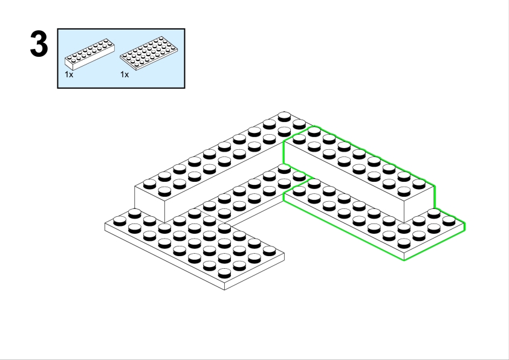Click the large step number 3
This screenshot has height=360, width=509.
coord(39,43)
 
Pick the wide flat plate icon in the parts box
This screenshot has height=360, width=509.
coord(149,53)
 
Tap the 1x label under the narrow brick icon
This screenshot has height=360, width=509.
coord(69,74)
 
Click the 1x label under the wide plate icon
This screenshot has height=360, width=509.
coord(125,74)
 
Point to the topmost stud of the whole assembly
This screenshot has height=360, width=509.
coord(284,117)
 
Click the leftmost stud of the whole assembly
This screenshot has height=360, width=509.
coord(120,221)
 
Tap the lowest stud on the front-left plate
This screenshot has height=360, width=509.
coord(224,274)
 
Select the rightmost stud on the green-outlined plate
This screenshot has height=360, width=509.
coord(449,221)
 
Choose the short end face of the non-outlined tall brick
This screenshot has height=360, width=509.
coord(150,204)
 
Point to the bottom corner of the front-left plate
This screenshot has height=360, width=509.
coord(224,289)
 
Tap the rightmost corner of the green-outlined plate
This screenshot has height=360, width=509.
coord(465,223)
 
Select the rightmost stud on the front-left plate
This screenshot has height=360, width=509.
coord(270,251)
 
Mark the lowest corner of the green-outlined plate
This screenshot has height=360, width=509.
coord(404,260)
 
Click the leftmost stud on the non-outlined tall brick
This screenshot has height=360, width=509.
coord(149,184)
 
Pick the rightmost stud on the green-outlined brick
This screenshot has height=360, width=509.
coord(419,184)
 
